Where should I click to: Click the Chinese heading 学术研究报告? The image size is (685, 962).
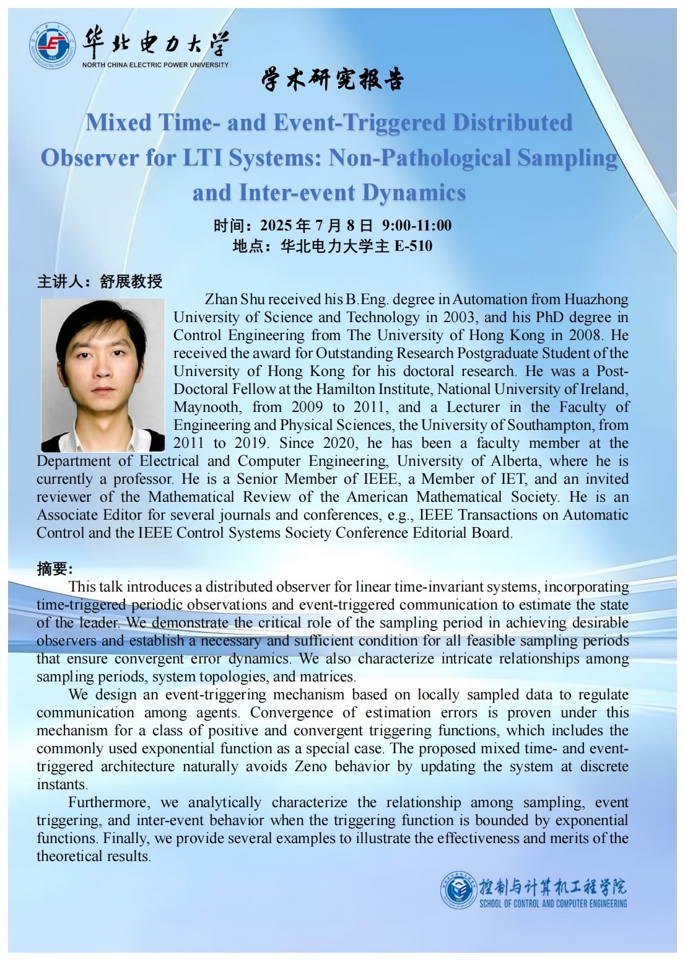pyautogui.click(x=332, y=80)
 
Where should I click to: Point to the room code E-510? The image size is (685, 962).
pyautogui.click(x=413, y=246)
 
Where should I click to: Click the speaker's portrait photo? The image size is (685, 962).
pyautogui.click(x=103, y=375)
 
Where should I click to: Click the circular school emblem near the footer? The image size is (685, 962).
pyautogui.click(x=459, y=889)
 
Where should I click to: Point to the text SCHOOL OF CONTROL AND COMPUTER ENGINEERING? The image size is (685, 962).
pyautogui.click(x=553, y=904)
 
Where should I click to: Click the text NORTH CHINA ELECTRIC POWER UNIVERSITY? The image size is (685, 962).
pyautogui.click(x=155, y=64)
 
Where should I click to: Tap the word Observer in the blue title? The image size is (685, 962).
pyautogui.click(x=90, y=157)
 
